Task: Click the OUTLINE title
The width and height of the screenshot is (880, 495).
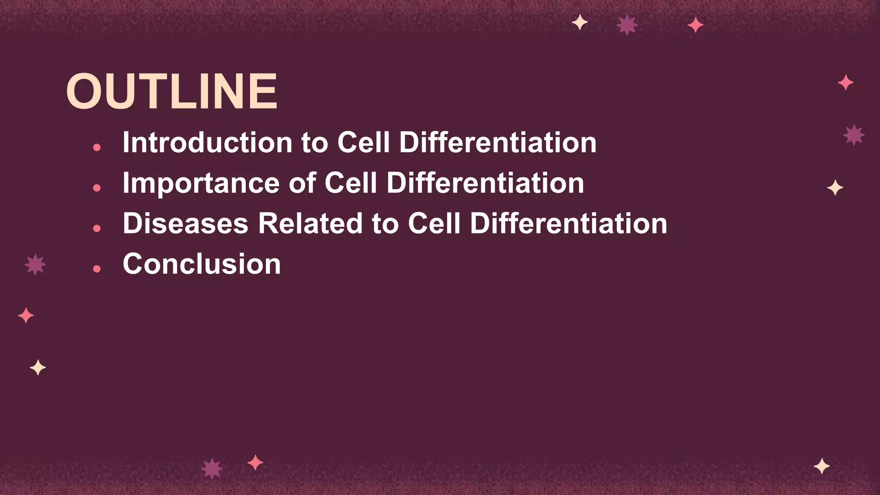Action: point(171,92)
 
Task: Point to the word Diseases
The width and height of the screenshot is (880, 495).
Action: point(185,223)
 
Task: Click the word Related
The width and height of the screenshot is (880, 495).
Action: point(310,223)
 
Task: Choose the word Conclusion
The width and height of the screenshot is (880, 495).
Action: point(202,264)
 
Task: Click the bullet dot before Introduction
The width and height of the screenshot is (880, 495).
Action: point(97,147)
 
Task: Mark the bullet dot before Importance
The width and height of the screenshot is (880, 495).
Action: point(97,188)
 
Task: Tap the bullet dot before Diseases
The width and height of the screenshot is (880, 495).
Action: point(97,228)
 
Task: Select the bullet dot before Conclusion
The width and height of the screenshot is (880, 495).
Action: point(97,269)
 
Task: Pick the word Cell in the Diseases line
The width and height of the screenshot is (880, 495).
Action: point(434,223)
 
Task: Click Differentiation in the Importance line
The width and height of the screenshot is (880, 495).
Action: point(485,183)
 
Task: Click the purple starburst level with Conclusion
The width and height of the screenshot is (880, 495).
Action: point(35,264)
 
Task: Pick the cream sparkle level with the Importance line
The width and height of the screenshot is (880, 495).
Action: point(835,188)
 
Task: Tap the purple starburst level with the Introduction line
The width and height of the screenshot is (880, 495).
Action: point(853,135)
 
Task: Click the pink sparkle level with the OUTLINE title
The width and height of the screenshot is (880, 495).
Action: point(845,82)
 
